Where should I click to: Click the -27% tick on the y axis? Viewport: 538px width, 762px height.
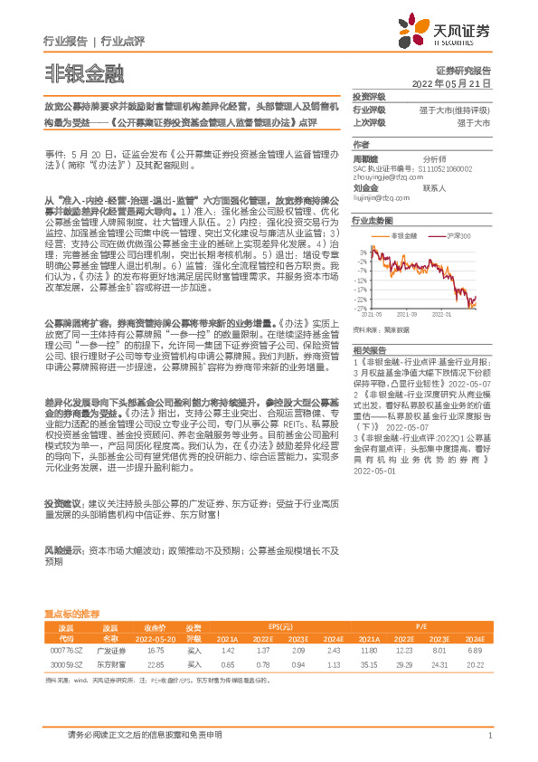click(x=362, y=308)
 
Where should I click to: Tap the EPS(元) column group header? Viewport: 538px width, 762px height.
click(x=281, y=626)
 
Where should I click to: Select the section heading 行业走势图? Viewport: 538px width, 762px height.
click(x=372, y=220)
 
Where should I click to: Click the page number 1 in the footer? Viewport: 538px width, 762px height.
click(x=488, y=736)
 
